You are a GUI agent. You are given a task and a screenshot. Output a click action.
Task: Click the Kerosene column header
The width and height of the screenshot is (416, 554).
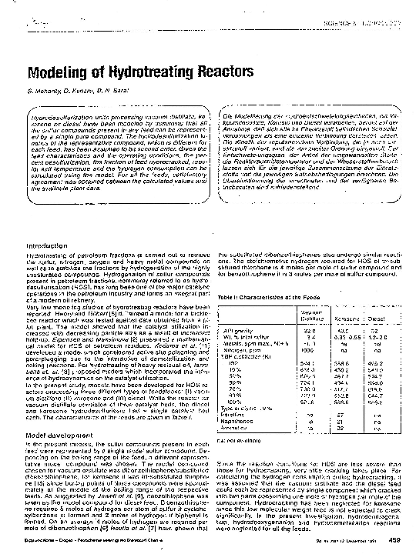coord(337,316)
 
